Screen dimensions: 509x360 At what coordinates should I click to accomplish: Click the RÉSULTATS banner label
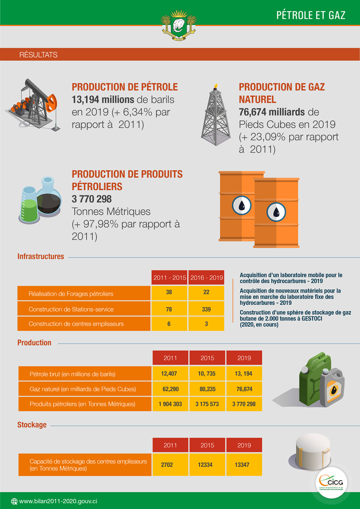39,55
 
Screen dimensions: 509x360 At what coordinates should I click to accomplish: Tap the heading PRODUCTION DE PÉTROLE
125,87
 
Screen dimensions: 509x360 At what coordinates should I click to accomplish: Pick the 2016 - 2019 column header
207,278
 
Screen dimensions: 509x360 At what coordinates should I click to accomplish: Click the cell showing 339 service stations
207,309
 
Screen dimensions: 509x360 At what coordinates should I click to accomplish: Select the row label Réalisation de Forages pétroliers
71,294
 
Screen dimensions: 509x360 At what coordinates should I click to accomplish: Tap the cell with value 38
169,293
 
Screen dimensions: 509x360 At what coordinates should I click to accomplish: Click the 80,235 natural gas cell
207,388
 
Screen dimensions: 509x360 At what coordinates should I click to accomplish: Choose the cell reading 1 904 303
170,404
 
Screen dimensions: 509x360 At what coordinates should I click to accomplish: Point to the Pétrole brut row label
72,374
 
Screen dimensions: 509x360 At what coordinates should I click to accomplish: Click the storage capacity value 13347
244,464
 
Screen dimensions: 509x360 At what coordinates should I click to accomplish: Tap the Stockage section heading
32,424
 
